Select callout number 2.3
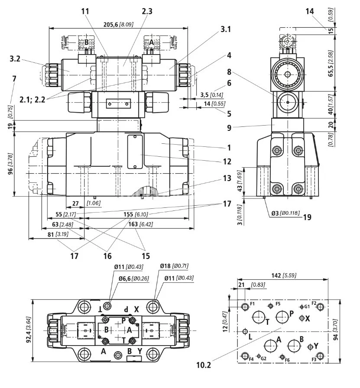click(x=147, y=12)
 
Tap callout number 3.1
click(x=226, y=29)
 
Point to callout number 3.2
click(x=15, y=58)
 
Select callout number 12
click(x=227, y=162)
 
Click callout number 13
click(x=227, y=178)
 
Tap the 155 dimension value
click(x=129, y=214)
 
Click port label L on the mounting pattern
click(x=250, y=336)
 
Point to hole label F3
click(x=314, y=360)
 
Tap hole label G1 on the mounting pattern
click(x=307, y=306)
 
